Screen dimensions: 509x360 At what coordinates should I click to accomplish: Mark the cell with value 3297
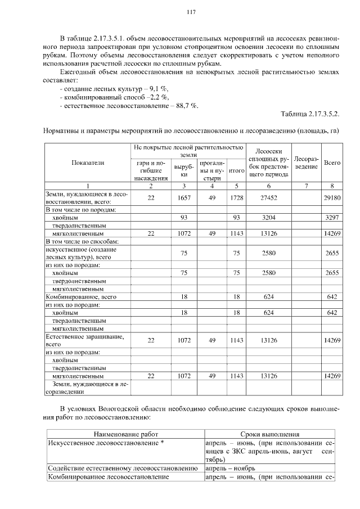tap(332, 217)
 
